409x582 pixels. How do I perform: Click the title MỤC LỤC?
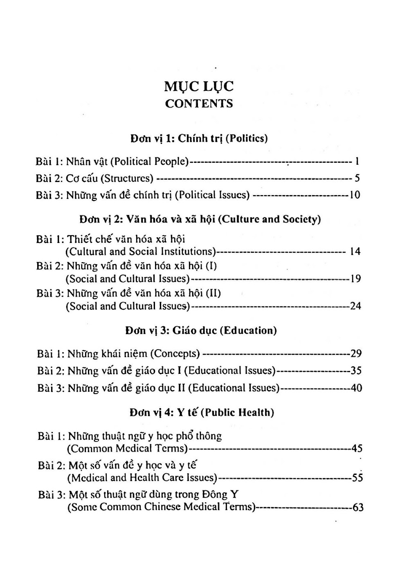coord(199,87)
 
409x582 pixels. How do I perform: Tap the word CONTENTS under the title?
coord(199,103)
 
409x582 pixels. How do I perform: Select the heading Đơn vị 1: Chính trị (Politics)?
coord(199,138)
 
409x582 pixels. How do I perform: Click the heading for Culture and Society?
coord(200,220)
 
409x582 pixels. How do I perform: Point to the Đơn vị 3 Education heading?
coord(201,330)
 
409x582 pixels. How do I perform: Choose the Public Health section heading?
coord(202,412)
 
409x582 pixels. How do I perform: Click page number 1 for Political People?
coord(357,162)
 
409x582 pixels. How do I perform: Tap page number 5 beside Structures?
coord(357,178)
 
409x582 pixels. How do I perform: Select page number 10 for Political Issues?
coord(355,195)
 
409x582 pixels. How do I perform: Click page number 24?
coord(355,306)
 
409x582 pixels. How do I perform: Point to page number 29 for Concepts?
coord(356,353)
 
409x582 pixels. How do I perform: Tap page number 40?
coord(356,388)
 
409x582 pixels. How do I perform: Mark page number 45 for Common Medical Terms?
coord(357,449)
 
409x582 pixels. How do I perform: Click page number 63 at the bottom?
coord(358,508)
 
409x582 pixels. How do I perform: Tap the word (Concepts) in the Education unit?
coord(175,353)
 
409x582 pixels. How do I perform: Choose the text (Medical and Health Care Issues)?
coord(142,478)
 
